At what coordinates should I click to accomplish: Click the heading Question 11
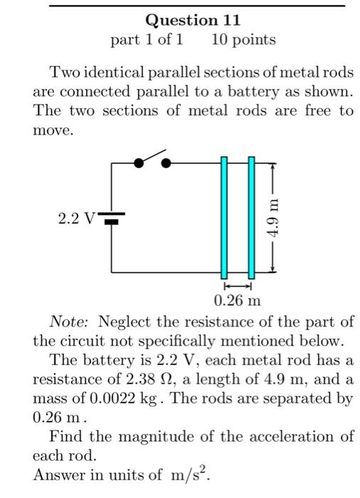[x=192, y=20]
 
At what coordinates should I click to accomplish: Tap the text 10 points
[x=243, y=40]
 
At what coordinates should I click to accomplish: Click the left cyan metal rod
[x=224, y=217]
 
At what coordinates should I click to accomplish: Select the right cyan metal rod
[x=250, y=217]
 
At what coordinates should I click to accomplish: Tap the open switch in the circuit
[x=151, y=160]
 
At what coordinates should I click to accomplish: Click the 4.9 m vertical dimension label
[x=273, y=217]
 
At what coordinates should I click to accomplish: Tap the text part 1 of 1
[x=147, y=40]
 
